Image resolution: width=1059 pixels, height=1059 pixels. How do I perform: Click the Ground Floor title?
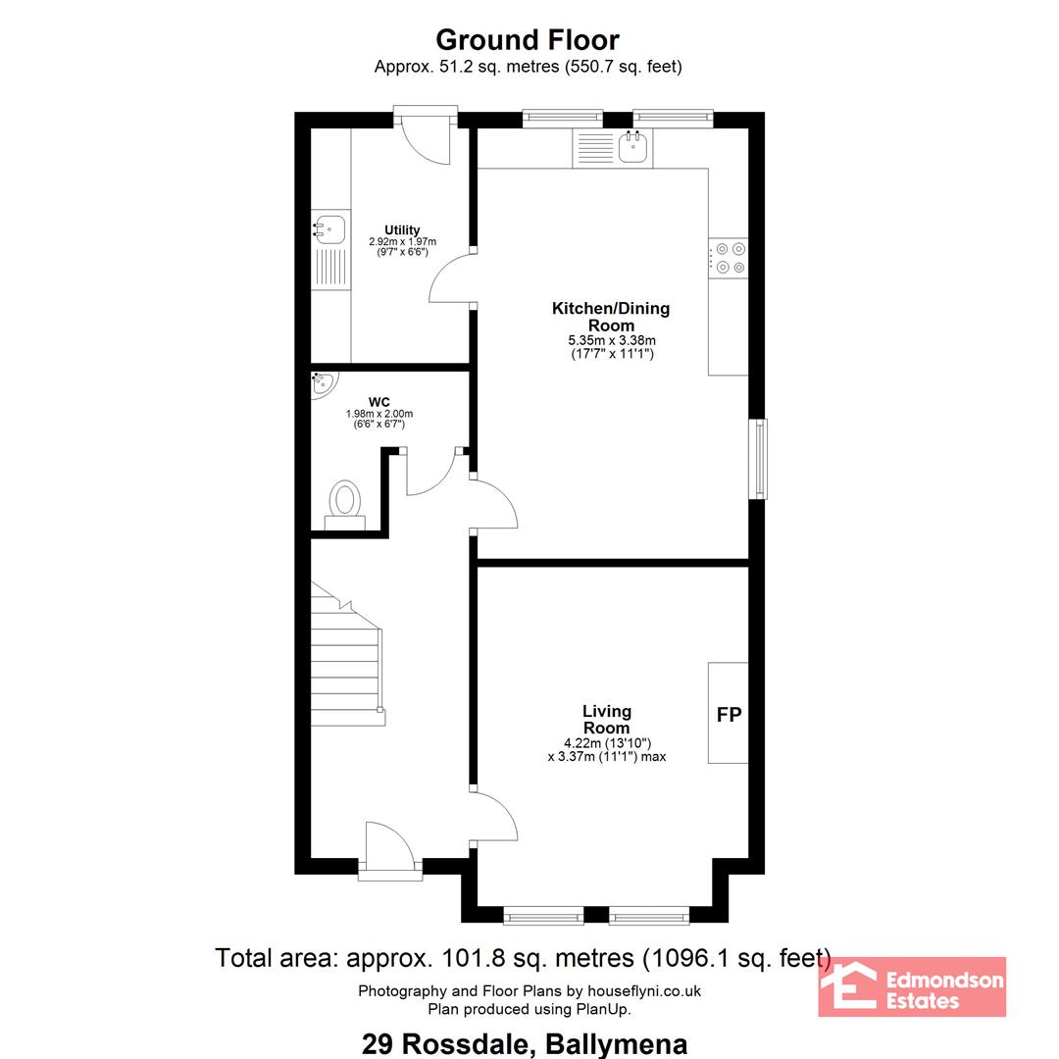pos(528,40)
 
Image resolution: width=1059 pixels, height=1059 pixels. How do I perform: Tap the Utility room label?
pos(402,229)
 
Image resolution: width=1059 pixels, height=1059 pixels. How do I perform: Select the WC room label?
pos(378,402)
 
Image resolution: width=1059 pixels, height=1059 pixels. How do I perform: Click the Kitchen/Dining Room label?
pos(611,317)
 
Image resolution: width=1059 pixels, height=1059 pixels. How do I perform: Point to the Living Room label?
pos(607,720)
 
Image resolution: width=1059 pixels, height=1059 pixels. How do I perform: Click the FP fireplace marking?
pos(729,714)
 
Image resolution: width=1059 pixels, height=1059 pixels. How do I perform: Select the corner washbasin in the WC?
pos(322,383)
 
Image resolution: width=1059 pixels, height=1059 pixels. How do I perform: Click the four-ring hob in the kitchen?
pos(728,258)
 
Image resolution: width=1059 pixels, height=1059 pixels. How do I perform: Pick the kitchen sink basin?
pos(633,147)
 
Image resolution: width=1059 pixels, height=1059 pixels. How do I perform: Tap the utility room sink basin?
pos(330,228)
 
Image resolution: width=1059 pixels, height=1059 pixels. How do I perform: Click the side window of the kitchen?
pos(759,459)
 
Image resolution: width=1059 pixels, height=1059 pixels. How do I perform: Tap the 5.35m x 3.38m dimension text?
pos(612,340)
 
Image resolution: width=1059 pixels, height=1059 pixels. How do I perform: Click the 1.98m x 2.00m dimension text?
pos(378,414)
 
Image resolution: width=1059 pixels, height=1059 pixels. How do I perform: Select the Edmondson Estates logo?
pos(912,986)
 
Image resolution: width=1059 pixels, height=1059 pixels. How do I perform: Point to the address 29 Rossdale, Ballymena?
pos(525,1044)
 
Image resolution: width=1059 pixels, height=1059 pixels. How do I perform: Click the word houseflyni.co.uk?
pos(643,990)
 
